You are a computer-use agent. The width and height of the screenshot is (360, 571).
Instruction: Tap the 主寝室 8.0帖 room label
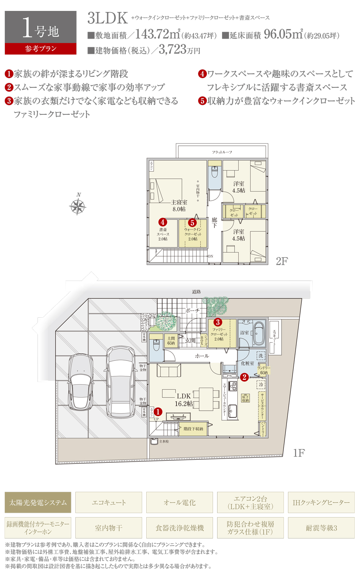coord(179,206)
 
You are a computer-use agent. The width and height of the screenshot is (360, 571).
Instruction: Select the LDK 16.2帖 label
coord(184,400)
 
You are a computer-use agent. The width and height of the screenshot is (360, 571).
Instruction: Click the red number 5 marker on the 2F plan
coord(192,223)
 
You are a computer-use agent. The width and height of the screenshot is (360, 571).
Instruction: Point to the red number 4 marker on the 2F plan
coord(163,222)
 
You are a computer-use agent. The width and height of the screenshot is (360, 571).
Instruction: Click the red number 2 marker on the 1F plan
coord(244,377)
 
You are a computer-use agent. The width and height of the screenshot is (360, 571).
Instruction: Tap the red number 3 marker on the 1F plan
coord(218,322)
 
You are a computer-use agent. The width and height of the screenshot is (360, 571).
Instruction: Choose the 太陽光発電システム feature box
coord(38,502)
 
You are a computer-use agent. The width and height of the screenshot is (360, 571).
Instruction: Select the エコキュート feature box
coord(109,502)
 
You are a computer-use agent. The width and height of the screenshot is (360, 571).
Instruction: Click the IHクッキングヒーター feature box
coord(321,502)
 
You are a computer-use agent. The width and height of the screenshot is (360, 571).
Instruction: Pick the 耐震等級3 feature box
coord(321,528)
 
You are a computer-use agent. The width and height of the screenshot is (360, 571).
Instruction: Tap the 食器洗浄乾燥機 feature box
coord(180,528)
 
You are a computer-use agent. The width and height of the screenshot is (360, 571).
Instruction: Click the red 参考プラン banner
coord(41,49)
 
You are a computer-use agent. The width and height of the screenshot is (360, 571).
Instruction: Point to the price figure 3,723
coord(172,49)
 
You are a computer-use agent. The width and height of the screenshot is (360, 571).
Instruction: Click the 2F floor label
coord(282,261)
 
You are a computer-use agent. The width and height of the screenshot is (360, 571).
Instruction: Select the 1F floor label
coord(299,453)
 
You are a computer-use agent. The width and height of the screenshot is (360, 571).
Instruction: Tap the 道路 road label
coord(196,292)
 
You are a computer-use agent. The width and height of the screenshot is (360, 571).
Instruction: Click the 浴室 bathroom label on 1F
coord(244,333)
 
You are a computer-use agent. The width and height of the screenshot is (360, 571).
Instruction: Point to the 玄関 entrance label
coord(190,340)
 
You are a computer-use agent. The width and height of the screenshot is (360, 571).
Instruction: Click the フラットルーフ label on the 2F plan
coord(222,152)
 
